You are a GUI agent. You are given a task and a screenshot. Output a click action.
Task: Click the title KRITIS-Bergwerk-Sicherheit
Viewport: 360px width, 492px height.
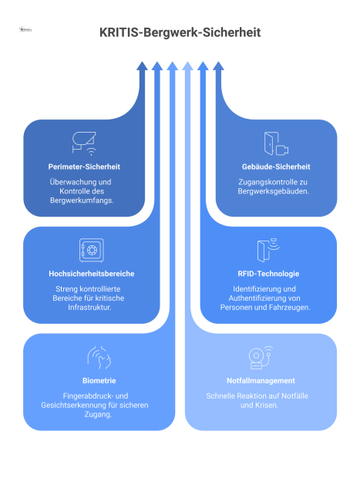pos(180,33)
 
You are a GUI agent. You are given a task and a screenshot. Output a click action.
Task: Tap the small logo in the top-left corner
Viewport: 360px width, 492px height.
pos(25,29)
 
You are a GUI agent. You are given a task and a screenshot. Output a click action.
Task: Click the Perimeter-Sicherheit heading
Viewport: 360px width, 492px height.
pos(84,166)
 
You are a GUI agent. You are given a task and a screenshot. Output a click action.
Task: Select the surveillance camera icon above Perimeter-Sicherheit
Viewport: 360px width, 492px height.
pos(84,141)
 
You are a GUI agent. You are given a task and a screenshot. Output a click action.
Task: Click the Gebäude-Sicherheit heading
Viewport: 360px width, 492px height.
pos(275,166)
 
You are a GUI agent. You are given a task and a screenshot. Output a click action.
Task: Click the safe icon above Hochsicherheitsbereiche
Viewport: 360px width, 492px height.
pos(91,250)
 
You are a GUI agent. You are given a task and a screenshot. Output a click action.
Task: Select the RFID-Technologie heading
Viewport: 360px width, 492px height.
pos(268,273)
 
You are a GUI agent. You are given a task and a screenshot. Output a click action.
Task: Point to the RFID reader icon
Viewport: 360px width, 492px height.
pos(267,250)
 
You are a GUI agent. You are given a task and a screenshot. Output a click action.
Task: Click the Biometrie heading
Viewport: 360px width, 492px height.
pos(99,380)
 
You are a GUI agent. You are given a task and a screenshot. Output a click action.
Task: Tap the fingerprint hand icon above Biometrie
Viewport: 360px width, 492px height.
pos(99,358)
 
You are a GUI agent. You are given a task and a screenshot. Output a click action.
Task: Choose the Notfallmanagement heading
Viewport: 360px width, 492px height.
pos(261,380)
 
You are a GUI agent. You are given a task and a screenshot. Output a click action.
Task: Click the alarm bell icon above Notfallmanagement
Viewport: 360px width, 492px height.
pos(260,358)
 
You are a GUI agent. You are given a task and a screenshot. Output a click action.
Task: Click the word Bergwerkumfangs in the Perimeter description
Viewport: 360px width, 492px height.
pos(84,200)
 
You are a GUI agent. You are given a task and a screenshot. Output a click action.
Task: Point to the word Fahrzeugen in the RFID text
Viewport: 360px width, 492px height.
pos(291,307)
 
